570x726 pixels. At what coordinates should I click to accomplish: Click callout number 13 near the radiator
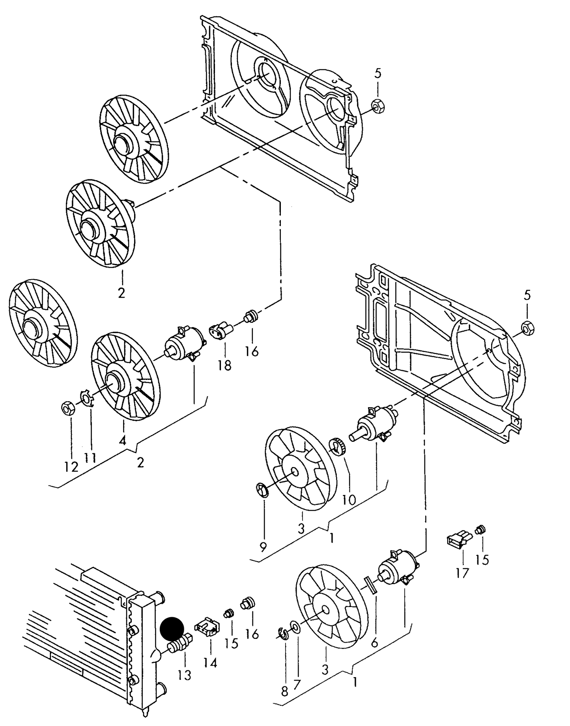click(184, 675)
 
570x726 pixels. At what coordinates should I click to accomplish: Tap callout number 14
click(210, 663)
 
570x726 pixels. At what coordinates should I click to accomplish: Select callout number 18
click(224, 365)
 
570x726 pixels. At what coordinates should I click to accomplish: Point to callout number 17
click(462, 573)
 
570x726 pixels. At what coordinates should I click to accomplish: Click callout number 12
click(72, 467)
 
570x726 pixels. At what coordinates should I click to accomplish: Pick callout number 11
click(90, 458)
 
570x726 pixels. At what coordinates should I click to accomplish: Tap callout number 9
click(264, 547)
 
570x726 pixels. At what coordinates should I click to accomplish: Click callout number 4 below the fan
click(123, 440)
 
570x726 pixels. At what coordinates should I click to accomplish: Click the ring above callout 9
click(262, 490)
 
